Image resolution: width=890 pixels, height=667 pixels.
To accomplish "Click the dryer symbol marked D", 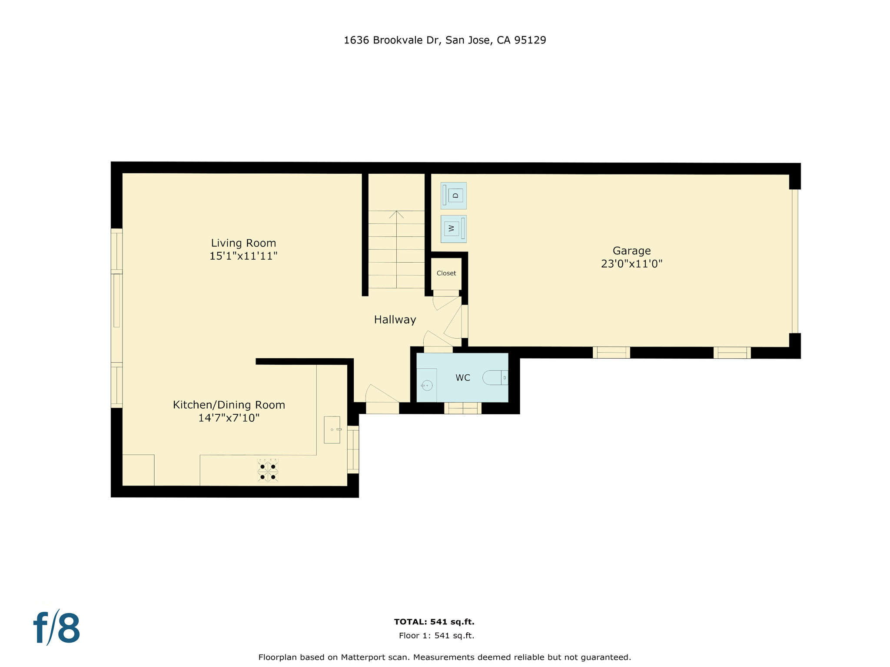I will [x=454, y=195].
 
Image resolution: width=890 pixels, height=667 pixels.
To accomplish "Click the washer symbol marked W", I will [x=453, y=228].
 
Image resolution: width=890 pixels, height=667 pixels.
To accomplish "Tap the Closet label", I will [x=446, y=273].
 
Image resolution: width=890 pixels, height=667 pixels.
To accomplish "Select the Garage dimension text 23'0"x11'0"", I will [x=631, y=264].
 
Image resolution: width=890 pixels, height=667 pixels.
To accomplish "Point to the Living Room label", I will [x=243, y=243].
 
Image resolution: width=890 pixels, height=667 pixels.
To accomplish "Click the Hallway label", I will [x=395, y=320].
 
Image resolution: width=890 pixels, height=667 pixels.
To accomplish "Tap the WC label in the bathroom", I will [x=462, y=378].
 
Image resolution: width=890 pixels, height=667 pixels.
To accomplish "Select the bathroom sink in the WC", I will [x=427, y=385].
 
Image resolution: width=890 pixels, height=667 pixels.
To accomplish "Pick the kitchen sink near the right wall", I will [x=332, y=430].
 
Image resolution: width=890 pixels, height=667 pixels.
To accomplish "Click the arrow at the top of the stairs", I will [x=396, y=214].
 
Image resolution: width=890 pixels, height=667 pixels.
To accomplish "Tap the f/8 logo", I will [x=57, y=627].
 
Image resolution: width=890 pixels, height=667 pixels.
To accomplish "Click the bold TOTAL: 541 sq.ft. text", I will [x=434, y=622].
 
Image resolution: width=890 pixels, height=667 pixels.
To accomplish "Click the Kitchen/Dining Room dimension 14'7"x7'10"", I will [x=229, y=418].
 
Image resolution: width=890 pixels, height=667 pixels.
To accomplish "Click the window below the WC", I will [x=462, y=408].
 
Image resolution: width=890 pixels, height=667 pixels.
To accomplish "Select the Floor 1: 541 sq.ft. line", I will [x=436, y=636].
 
